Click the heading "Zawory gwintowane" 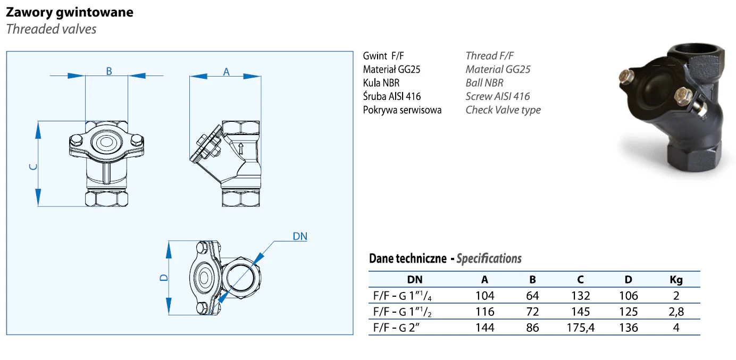tap(70, 12)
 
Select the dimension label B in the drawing tap(109, 71)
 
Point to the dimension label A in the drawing tap(226, 72)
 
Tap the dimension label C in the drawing tap(33, 167)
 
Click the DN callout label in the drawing tap(300, 237)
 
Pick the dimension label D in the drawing tap(164, 278)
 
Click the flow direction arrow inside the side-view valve tap(241, 148)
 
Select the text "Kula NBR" tap(381, 83)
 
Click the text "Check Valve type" tap(503, 110)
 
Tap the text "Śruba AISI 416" tap(391, 96)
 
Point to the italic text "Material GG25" tap(498, 69)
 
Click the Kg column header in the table tap(676, 280)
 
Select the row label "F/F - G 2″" tap(396, 328)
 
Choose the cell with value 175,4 tap(581, 328)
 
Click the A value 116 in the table tap(485, 312)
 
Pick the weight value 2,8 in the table tap(676, 312)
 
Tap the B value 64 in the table tap(533, 296)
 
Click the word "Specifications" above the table tap(489, 258)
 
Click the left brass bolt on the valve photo tap(627, 77)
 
